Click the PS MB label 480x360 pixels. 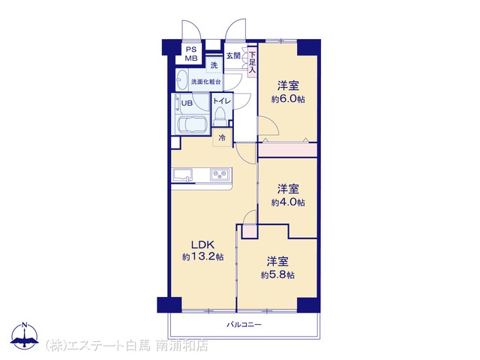coord(191,53)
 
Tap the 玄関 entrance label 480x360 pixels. coord(233,55)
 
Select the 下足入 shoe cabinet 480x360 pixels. coord(252,62)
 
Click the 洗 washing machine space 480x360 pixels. coord(214,65)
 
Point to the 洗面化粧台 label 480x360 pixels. coord(205,82)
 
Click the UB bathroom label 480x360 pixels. coord(187,103)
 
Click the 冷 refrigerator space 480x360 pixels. coord(222,138)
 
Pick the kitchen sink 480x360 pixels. coord(183,175)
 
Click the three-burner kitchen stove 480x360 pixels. coord(220,175)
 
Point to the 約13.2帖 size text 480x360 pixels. coord(202,256)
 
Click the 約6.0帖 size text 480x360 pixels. coord(288,99)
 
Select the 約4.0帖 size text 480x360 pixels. coord(288,202)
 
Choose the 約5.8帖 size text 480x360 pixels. coord(277,274)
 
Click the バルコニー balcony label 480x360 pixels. coord(244,325)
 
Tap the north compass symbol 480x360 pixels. coord(25,335)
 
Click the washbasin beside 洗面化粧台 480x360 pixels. coord(182,80)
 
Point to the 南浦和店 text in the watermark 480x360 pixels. coord(182,346)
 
